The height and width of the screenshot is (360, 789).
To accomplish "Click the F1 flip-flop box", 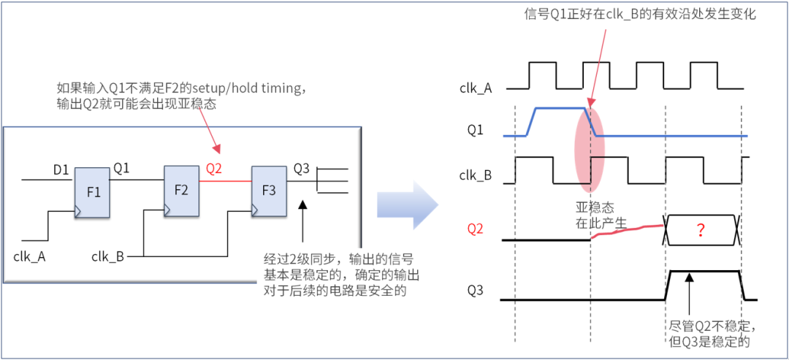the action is click(92, 193).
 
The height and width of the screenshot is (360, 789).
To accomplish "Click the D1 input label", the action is click(61, 171).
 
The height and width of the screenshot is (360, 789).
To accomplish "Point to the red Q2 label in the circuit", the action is click(214, 169).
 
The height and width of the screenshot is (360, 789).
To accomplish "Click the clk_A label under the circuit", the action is click(30, 257).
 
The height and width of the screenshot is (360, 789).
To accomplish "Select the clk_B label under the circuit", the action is click(107, 257).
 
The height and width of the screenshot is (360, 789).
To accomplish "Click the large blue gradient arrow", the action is click(408, 206).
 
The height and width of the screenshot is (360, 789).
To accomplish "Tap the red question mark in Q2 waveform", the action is click(700, 230).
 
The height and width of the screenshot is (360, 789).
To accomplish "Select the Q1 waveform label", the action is click(476, 130).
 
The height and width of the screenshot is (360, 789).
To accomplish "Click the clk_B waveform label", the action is click(476, 176).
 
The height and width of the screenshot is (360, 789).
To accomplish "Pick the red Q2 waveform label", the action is click(476, 230).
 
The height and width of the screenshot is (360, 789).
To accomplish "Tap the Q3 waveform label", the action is click(476, 291).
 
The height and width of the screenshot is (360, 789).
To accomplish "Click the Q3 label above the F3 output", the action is click(301, 169).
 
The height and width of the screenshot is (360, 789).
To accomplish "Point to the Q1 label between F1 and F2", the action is click(121, 167).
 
